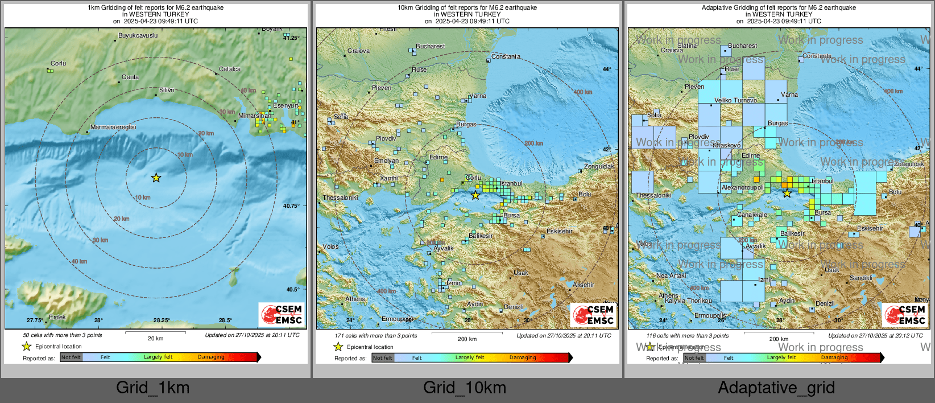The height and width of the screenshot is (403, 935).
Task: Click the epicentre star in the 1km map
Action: (x=156, y=178)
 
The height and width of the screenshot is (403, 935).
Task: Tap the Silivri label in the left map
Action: (x=167, y=90)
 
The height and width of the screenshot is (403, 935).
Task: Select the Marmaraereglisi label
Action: (x=113, y=127)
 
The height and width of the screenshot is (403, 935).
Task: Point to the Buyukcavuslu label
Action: (x=138, y=35)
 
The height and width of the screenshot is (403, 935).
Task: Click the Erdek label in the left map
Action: (x=57, y=317)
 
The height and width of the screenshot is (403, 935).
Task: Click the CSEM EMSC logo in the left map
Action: (x=282, y=314)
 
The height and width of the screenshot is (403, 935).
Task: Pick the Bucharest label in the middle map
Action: (x=430, y=46)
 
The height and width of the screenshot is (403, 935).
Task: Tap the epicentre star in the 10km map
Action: (x=475, y=195)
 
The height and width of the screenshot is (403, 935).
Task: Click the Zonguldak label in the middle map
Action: (x=599, y=166)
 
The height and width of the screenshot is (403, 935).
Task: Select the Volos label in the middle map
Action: (x=330, y=246)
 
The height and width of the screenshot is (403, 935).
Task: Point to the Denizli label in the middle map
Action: (x=514, y=307)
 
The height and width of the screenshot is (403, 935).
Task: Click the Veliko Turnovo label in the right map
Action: (x=735, y=100)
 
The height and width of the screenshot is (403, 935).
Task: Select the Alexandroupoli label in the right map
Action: (x=742, y=187)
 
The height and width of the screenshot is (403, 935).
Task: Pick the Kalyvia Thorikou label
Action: (x=688, y=301)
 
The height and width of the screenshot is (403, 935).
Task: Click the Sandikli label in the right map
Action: (x=860, y=278)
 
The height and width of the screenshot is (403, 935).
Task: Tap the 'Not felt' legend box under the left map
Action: (x=71, y=357)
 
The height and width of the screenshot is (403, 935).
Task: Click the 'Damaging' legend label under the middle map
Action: (x=522, y=357)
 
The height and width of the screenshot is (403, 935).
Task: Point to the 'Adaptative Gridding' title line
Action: (x=778, y=7)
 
